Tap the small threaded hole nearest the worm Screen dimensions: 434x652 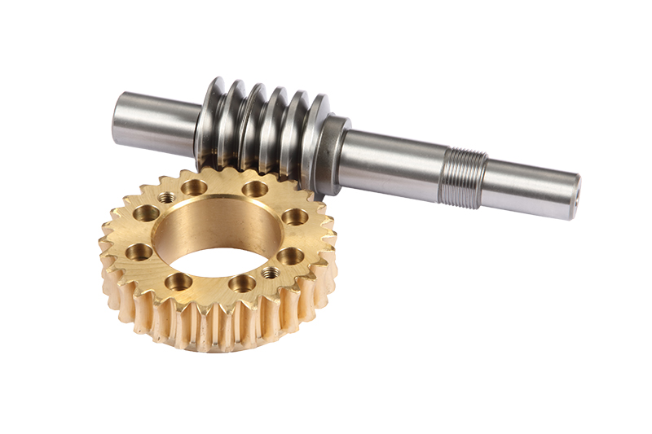pos(166,197)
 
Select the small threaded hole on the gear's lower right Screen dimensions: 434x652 pos(270,273)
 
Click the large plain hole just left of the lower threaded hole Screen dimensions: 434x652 pos(242,283)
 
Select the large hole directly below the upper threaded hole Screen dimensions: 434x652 pos(146,213)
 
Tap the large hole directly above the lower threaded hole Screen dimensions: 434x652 pos(290,256)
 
